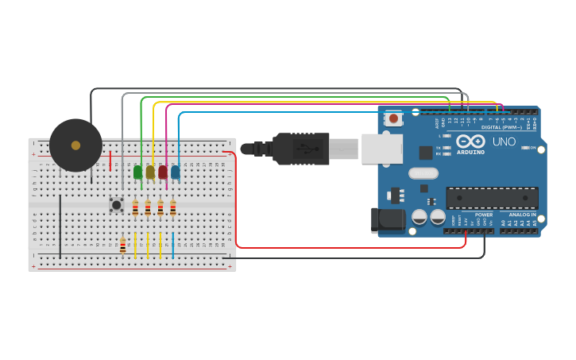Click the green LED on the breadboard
[137, 172]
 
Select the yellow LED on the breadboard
[150, 172]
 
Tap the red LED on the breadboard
[163, 172]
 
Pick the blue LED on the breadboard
[175, 172]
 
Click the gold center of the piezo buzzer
[75, 145]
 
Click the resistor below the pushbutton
[122, 246]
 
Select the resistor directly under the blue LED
[172, 208]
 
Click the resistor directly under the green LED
[135, 208]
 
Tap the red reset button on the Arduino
[393, 119]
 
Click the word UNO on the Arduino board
[504, 142]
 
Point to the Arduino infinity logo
[470, 141]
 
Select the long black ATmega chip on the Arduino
[492, 198]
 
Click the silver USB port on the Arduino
[381, 149]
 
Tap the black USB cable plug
[301, 149]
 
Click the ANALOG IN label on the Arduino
[522, 215]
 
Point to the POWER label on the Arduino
[484, 215]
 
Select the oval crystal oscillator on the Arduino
[423, 173]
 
